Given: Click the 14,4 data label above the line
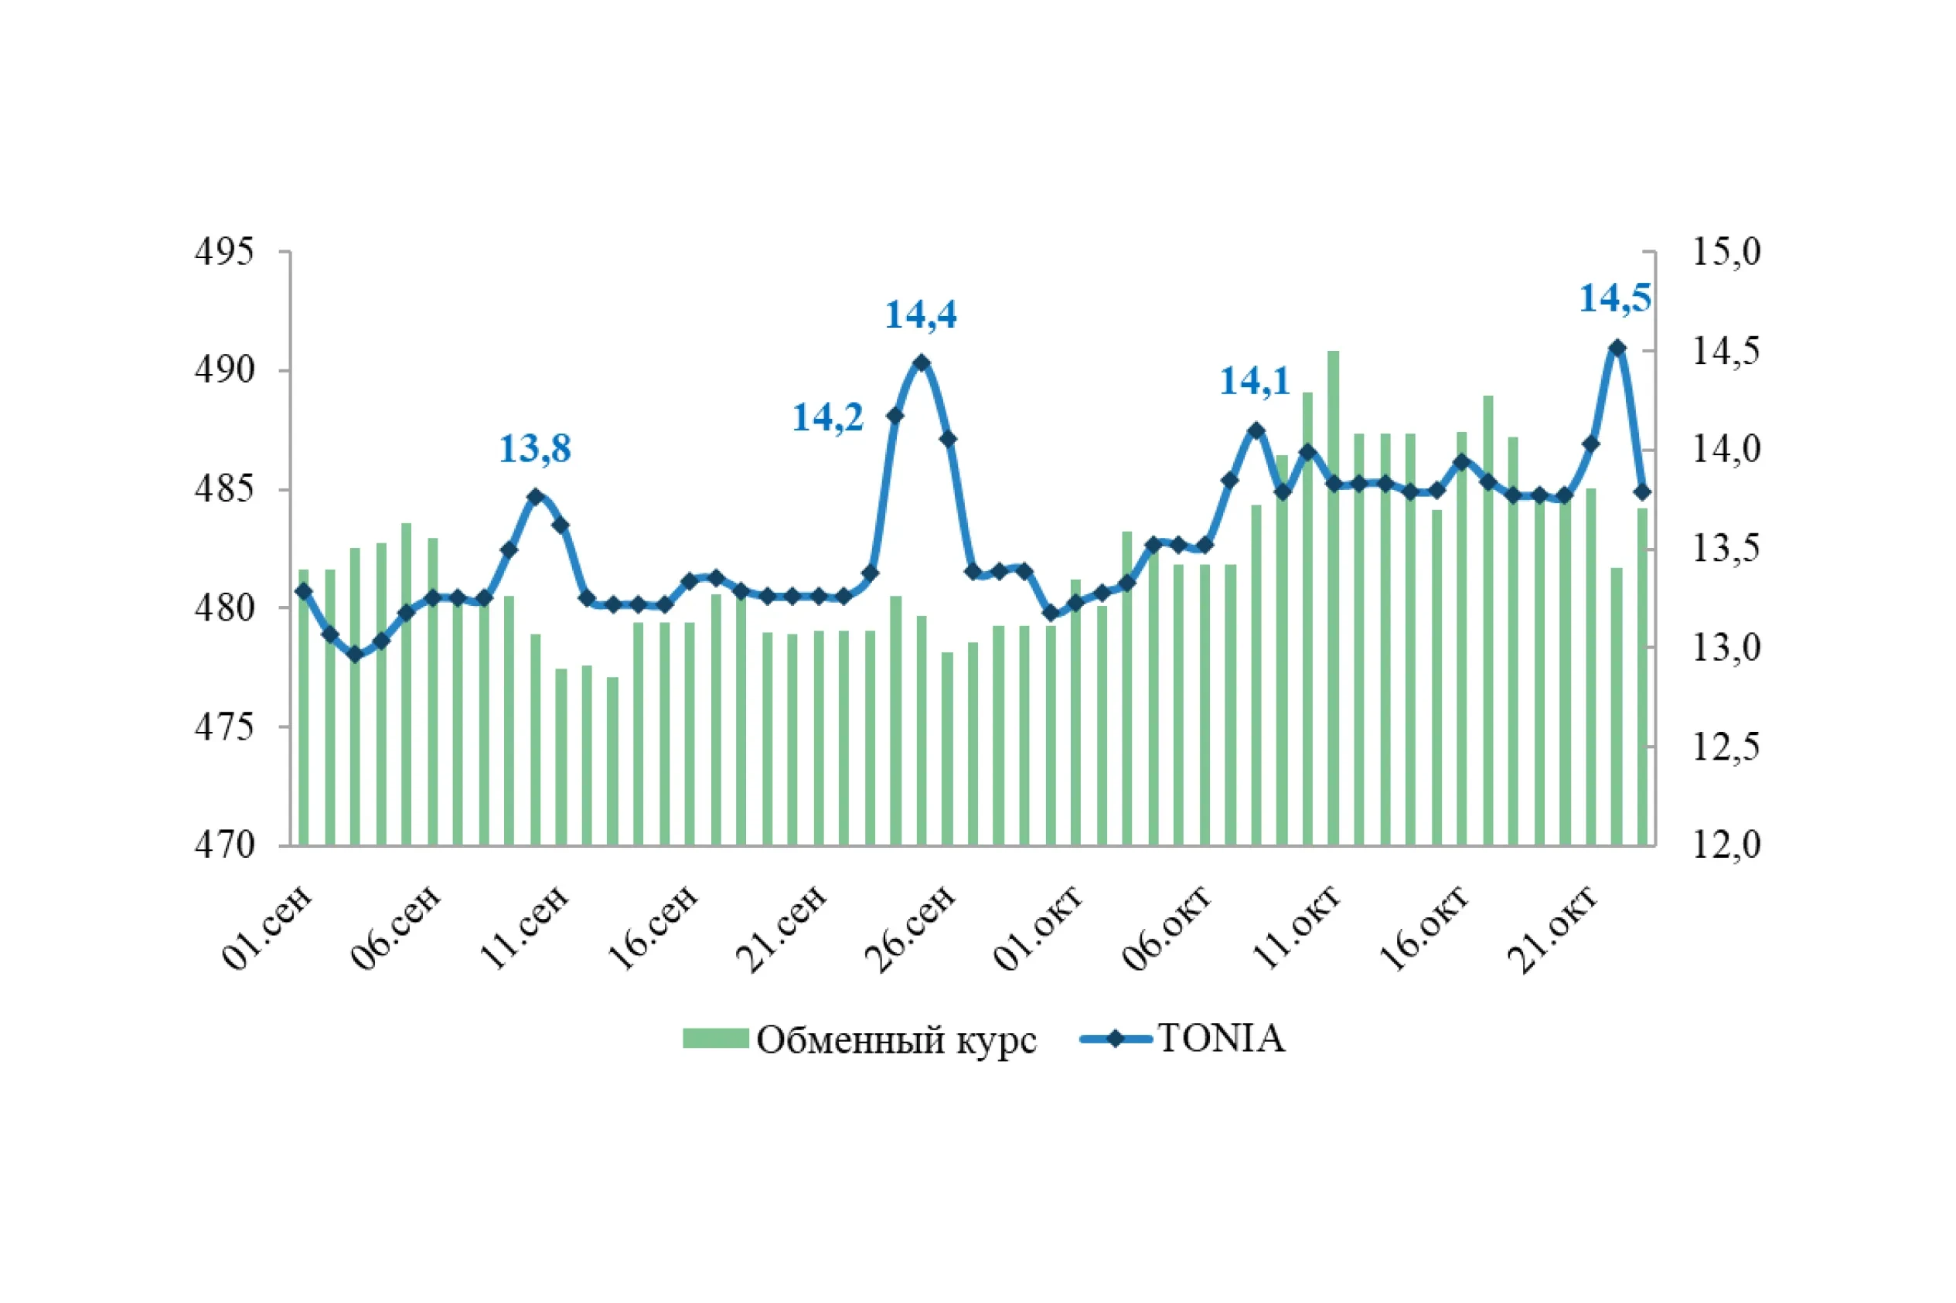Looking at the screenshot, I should pyautogui.click(x=920, y=315).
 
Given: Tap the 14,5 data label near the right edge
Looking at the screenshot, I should pyautogui.click(x=1614, y=298).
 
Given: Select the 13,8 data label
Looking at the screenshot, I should pyautogui.click(x=534, y=449).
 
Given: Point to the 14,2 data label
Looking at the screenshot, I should pyautogui.click(x=827, y=417).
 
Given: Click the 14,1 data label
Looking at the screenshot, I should pyautogui.click(x=1255, y=382).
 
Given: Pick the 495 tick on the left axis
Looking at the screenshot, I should pyautogui.click(x=223, y=252).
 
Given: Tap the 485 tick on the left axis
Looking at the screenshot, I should pyautogui.click(x=223, y=488).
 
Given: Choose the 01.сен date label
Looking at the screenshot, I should pyautogui.click(x=268, y=929).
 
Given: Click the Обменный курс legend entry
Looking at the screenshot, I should pyautogui.click(x=860, y=1039).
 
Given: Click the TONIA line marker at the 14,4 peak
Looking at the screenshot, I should pyautogui.click(x=921, y=362).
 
